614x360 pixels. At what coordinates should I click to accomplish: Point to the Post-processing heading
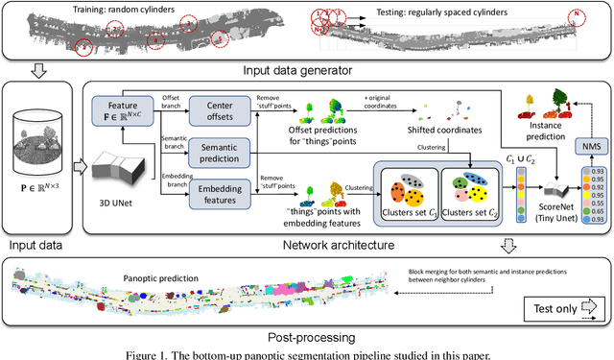point(307,337)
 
